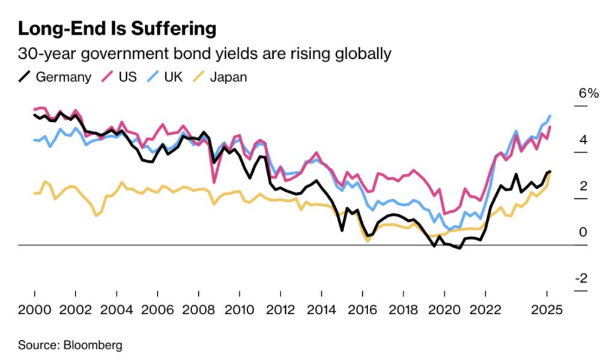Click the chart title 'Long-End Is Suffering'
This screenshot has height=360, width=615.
pos(117,28)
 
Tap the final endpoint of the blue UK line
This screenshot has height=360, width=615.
pos(550,115)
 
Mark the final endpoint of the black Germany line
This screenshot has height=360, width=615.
pos(550,172)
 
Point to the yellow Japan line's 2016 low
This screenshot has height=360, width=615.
pos(367,241)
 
